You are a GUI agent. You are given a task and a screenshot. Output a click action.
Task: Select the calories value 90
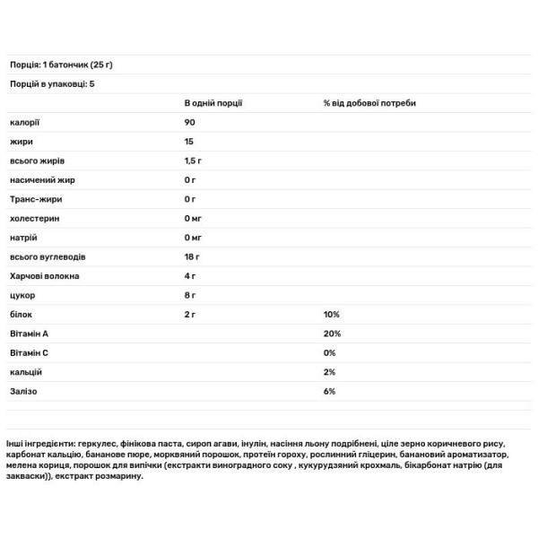tap(190, 122)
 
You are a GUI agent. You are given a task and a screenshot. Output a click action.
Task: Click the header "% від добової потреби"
tap(369, 103)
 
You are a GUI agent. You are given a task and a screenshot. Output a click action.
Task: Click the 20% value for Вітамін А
tap(332, 334)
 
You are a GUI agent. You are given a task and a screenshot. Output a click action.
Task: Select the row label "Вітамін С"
tap(29, 352)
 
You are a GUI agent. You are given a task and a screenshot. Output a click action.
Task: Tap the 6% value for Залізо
tap(330, 392)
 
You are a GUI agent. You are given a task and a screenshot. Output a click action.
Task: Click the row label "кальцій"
tap(24, 372)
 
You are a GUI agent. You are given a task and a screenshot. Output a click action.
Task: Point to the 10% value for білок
tap(332, 315)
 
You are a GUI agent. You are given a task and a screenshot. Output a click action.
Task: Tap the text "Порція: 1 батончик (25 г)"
tap(65, 65)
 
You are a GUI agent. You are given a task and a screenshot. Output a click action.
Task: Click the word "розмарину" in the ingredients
tap(115, 476)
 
